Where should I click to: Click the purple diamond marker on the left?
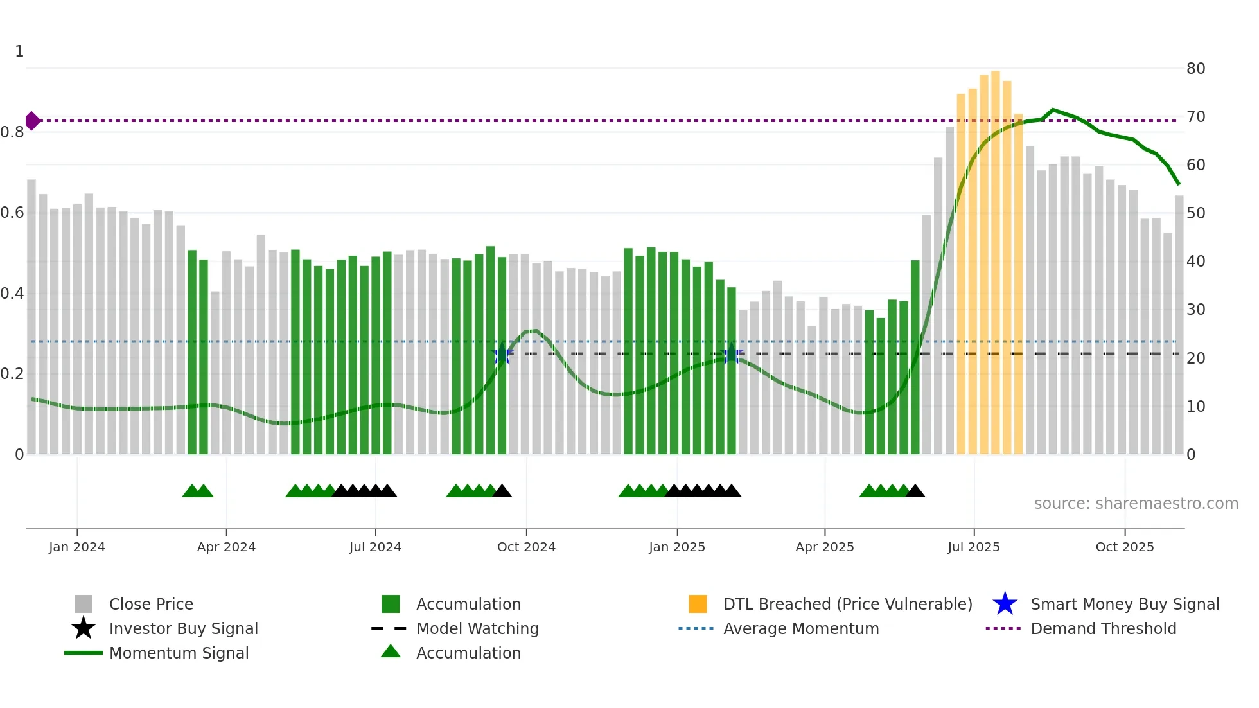point(32,120)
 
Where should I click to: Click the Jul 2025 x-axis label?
point(974,547)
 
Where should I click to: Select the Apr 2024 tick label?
point(226,547)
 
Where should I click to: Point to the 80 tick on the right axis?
point(1195,69)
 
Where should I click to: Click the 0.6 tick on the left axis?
point(13,213)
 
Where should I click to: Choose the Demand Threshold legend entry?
point(1103,628)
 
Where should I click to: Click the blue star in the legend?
point(1005,604)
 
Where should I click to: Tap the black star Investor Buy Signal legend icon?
point(84,628)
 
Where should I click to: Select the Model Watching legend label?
point(477,628)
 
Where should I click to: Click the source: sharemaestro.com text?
point(1136,504)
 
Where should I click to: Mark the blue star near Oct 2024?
point(502,353)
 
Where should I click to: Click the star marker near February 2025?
point(731,353)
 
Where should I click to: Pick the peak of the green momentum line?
point(1053,110)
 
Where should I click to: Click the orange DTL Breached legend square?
point(698,604)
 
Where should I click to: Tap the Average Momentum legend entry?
point(801,628)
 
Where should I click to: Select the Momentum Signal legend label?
point(179,653)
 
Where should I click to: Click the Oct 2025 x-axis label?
point(1124,547)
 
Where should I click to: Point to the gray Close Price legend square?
point(84,604)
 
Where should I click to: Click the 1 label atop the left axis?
point(19,51)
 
